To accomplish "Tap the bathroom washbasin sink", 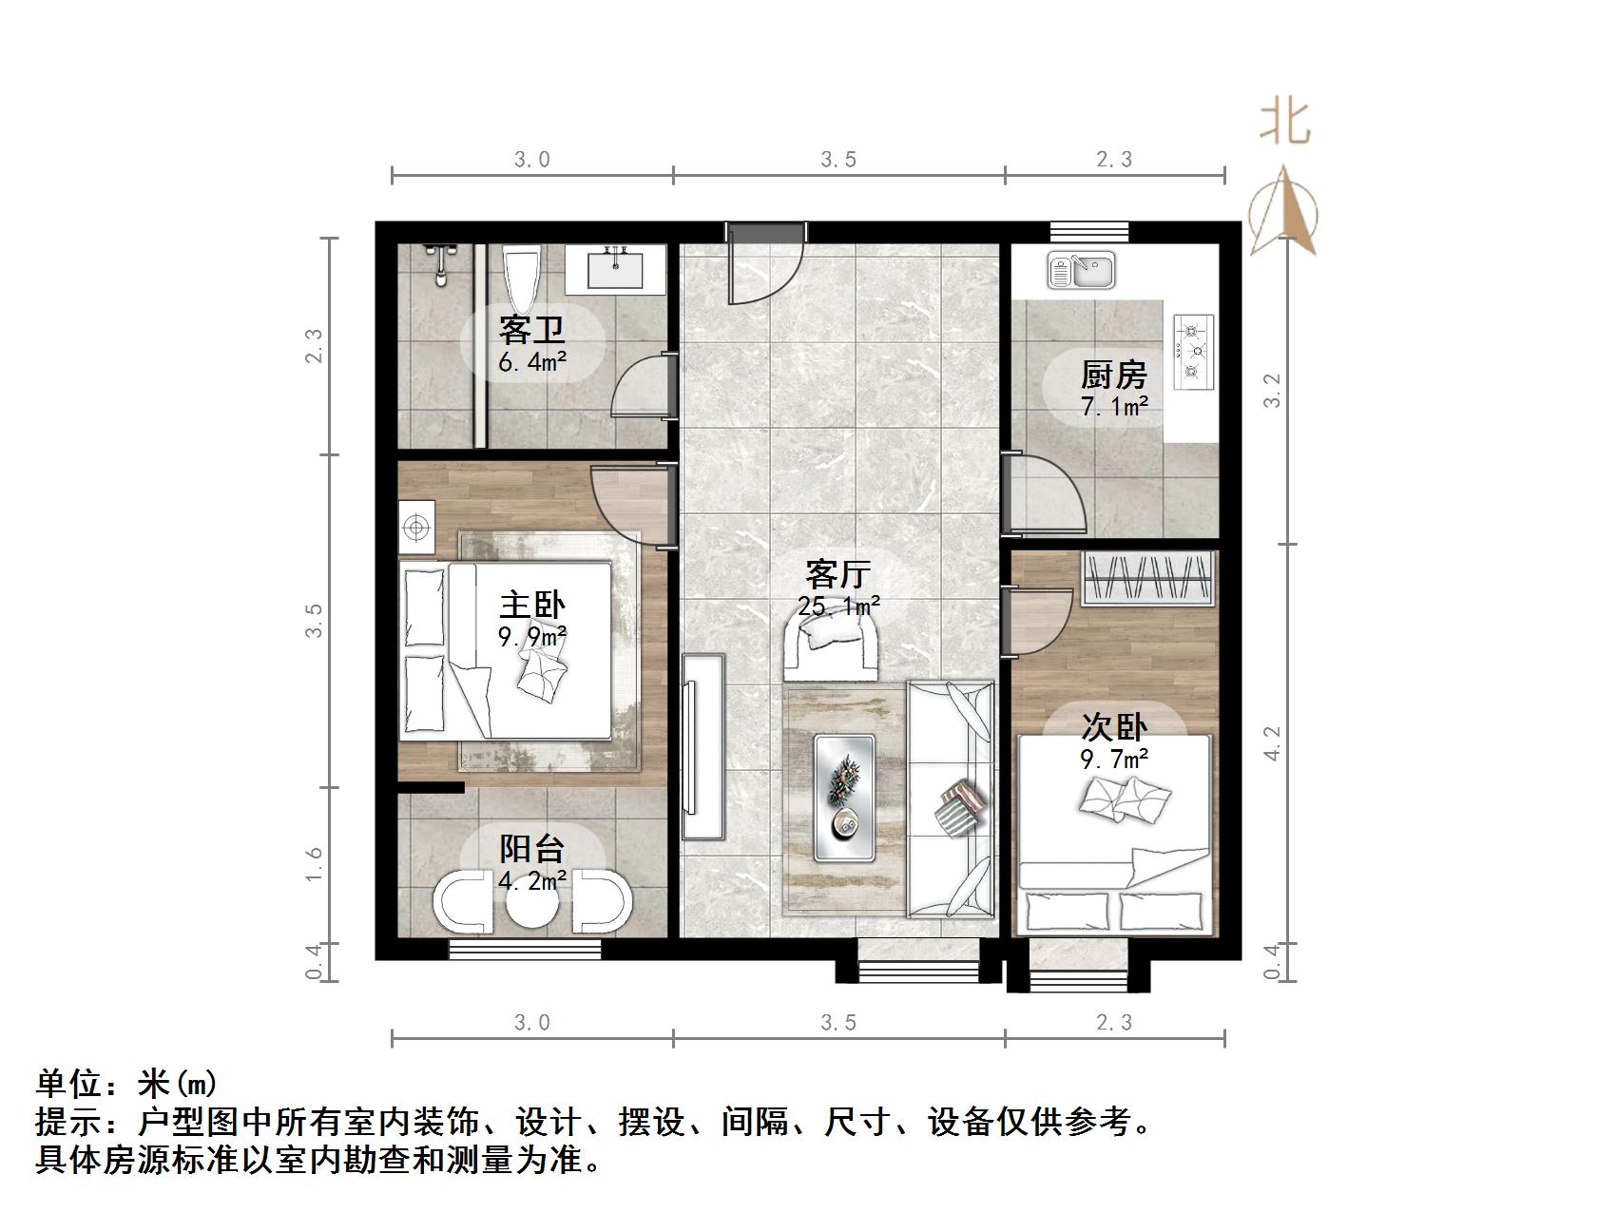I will pyautogui.click(x=615, y=270).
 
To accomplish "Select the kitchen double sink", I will pyautogui.click(x=1081, y=270).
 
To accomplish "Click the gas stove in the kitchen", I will pyautogui.click(x=1194, y=352).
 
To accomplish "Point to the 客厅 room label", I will pyautogui.click(x=837, y=574).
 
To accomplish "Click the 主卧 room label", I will pyautogui.click(x=532, y=606).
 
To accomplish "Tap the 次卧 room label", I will pyautogui.click(x=1114, y=728).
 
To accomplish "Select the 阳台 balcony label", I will pyautogui.click(x=532, y=849).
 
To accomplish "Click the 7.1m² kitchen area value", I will pyautogui.click(x=1114, y=407).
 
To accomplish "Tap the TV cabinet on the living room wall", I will pyautogui.click(x=703, y=746).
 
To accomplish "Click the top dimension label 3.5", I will pyautogui.click(x=838, y=160).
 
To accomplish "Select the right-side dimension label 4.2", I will pyautogui.click(x=1272, y=742).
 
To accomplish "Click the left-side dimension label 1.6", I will pyautogui.click(x=314, y=864).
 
